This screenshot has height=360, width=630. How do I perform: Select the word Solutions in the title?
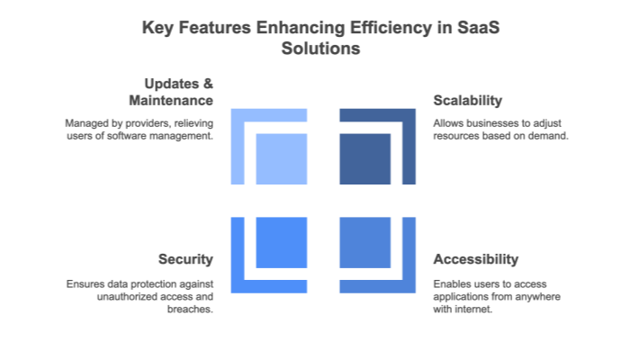pyautogui.click(x=315, y=49)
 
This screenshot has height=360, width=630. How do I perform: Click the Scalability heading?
pyautogui.click(x=467, y=100)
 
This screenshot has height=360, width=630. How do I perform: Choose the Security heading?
pyautogui.click(x=185, y=259)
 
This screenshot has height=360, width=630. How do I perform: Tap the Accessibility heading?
pyautogui.click(x=476, y=259)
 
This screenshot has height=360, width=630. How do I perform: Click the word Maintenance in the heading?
pyautogui.click(x=170, y=101)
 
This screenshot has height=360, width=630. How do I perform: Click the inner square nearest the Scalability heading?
pyautogui.click(x=364, y=159)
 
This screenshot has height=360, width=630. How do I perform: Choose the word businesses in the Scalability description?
pyautogui.click(x=485, y=122)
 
